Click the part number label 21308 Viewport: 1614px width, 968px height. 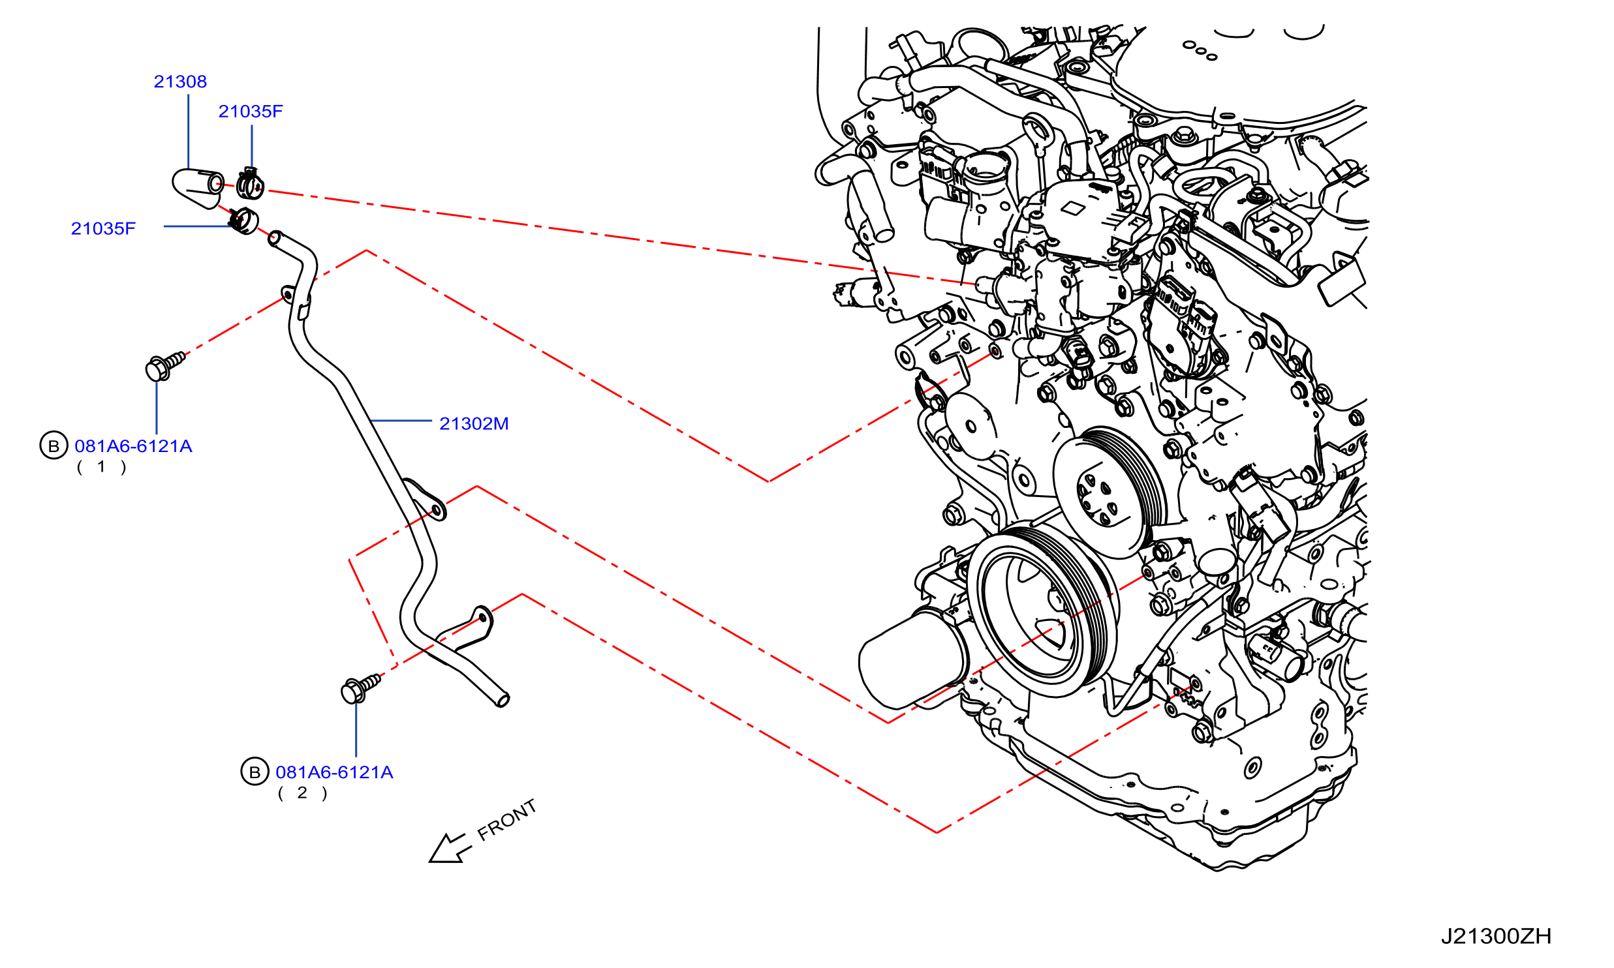point(180,82)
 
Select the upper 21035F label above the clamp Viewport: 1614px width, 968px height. point(251,112)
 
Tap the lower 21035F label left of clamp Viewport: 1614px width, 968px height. point(103,228)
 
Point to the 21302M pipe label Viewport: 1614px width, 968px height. point(474,423)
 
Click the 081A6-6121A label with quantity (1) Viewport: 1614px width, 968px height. point(133,446)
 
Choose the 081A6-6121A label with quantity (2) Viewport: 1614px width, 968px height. point(334,772)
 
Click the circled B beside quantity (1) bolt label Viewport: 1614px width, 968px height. point(54,446)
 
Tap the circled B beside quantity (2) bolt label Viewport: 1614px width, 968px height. point(255,772)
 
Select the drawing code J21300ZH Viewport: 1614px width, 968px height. point(1496,937)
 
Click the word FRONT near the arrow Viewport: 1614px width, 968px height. point(507,820)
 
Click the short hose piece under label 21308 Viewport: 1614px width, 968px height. point(198,188)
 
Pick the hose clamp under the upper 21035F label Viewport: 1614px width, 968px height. point(250,183)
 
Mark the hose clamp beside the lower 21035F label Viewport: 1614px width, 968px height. point(243,220)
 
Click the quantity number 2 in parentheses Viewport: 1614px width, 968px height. point(302,793)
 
